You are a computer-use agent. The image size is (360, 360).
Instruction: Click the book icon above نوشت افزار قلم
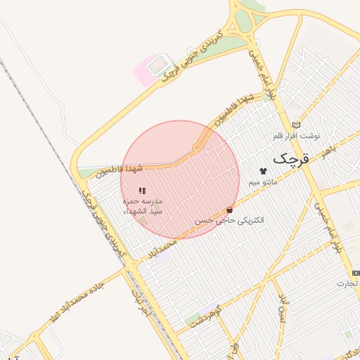(x=296, y=124)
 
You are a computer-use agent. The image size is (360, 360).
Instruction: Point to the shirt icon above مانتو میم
(x=264, y=171)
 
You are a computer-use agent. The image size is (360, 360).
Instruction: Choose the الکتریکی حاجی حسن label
(x=230, y=220)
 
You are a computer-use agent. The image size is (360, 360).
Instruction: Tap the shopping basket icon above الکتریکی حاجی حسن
(x=230, y=210)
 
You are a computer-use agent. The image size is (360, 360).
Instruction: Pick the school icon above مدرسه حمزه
(x=142, y=191)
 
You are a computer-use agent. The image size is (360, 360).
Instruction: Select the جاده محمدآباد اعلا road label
(x=75, y=300)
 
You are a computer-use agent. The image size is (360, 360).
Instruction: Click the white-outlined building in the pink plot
(x=157, y=65)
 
